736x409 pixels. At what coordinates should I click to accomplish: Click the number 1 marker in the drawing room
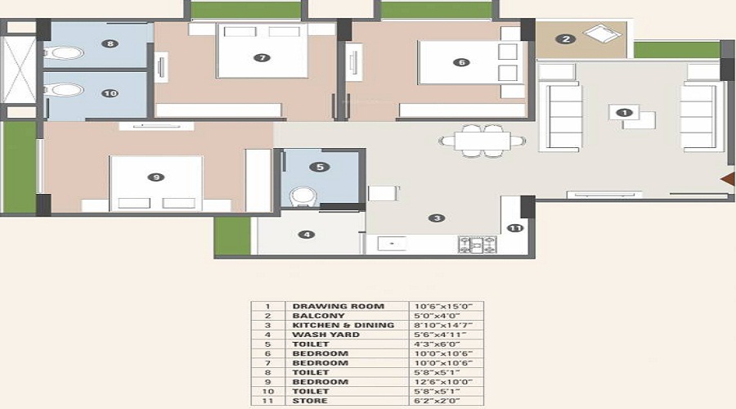[x=624, y=113]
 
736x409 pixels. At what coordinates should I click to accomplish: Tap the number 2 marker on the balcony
[x=566, y=39]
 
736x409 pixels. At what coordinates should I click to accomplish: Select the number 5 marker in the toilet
[x=320, y=167]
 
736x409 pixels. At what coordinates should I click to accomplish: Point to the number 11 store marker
[x=515, y=228]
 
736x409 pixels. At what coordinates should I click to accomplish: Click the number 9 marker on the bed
[x=156, y=177]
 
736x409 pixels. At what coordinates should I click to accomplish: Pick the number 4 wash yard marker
[x=307, y=234]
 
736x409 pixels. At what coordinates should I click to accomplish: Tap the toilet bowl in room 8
[x=66, y=52]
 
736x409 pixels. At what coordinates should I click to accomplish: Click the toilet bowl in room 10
[x=66, y=90]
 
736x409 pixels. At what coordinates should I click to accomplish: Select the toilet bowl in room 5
[x=303, y=196]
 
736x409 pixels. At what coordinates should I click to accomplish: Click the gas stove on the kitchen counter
[x=478, y=245]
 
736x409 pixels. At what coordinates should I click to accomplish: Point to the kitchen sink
[x=392, y=244]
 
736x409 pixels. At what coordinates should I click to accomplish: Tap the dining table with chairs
[x=482, y=141]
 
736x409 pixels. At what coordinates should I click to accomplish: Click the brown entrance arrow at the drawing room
[x=729, y=179]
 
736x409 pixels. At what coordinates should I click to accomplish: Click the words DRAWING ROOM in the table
[x=339, y=306]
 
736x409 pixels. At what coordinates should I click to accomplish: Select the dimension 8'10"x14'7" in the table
[x=443, y=325]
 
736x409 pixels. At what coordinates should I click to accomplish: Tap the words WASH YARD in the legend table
[x=325, y=335]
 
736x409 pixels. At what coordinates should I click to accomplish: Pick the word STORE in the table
[x=310, y=401]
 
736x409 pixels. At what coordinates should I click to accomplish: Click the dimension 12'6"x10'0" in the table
[x=443, y=382]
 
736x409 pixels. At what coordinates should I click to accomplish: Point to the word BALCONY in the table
[x=318, y=316]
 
